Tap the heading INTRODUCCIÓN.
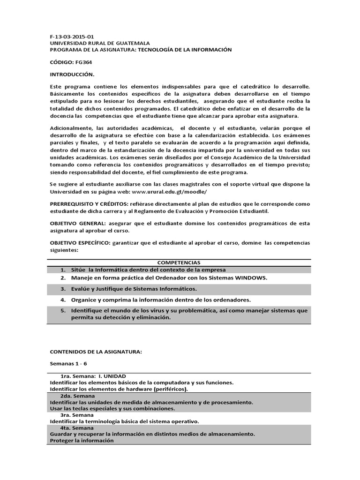[72, 75]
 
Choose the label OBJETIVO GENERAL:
[77, 224]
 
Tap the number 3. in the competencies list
[62, 289]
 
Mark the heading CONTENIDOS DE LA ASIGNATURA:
[95, 351]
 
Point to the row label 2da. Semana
[77, 396]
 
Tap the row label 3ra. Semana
[77, 415]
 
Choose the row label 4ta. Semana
[77, 427]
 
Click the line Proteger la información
[82, 441]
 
